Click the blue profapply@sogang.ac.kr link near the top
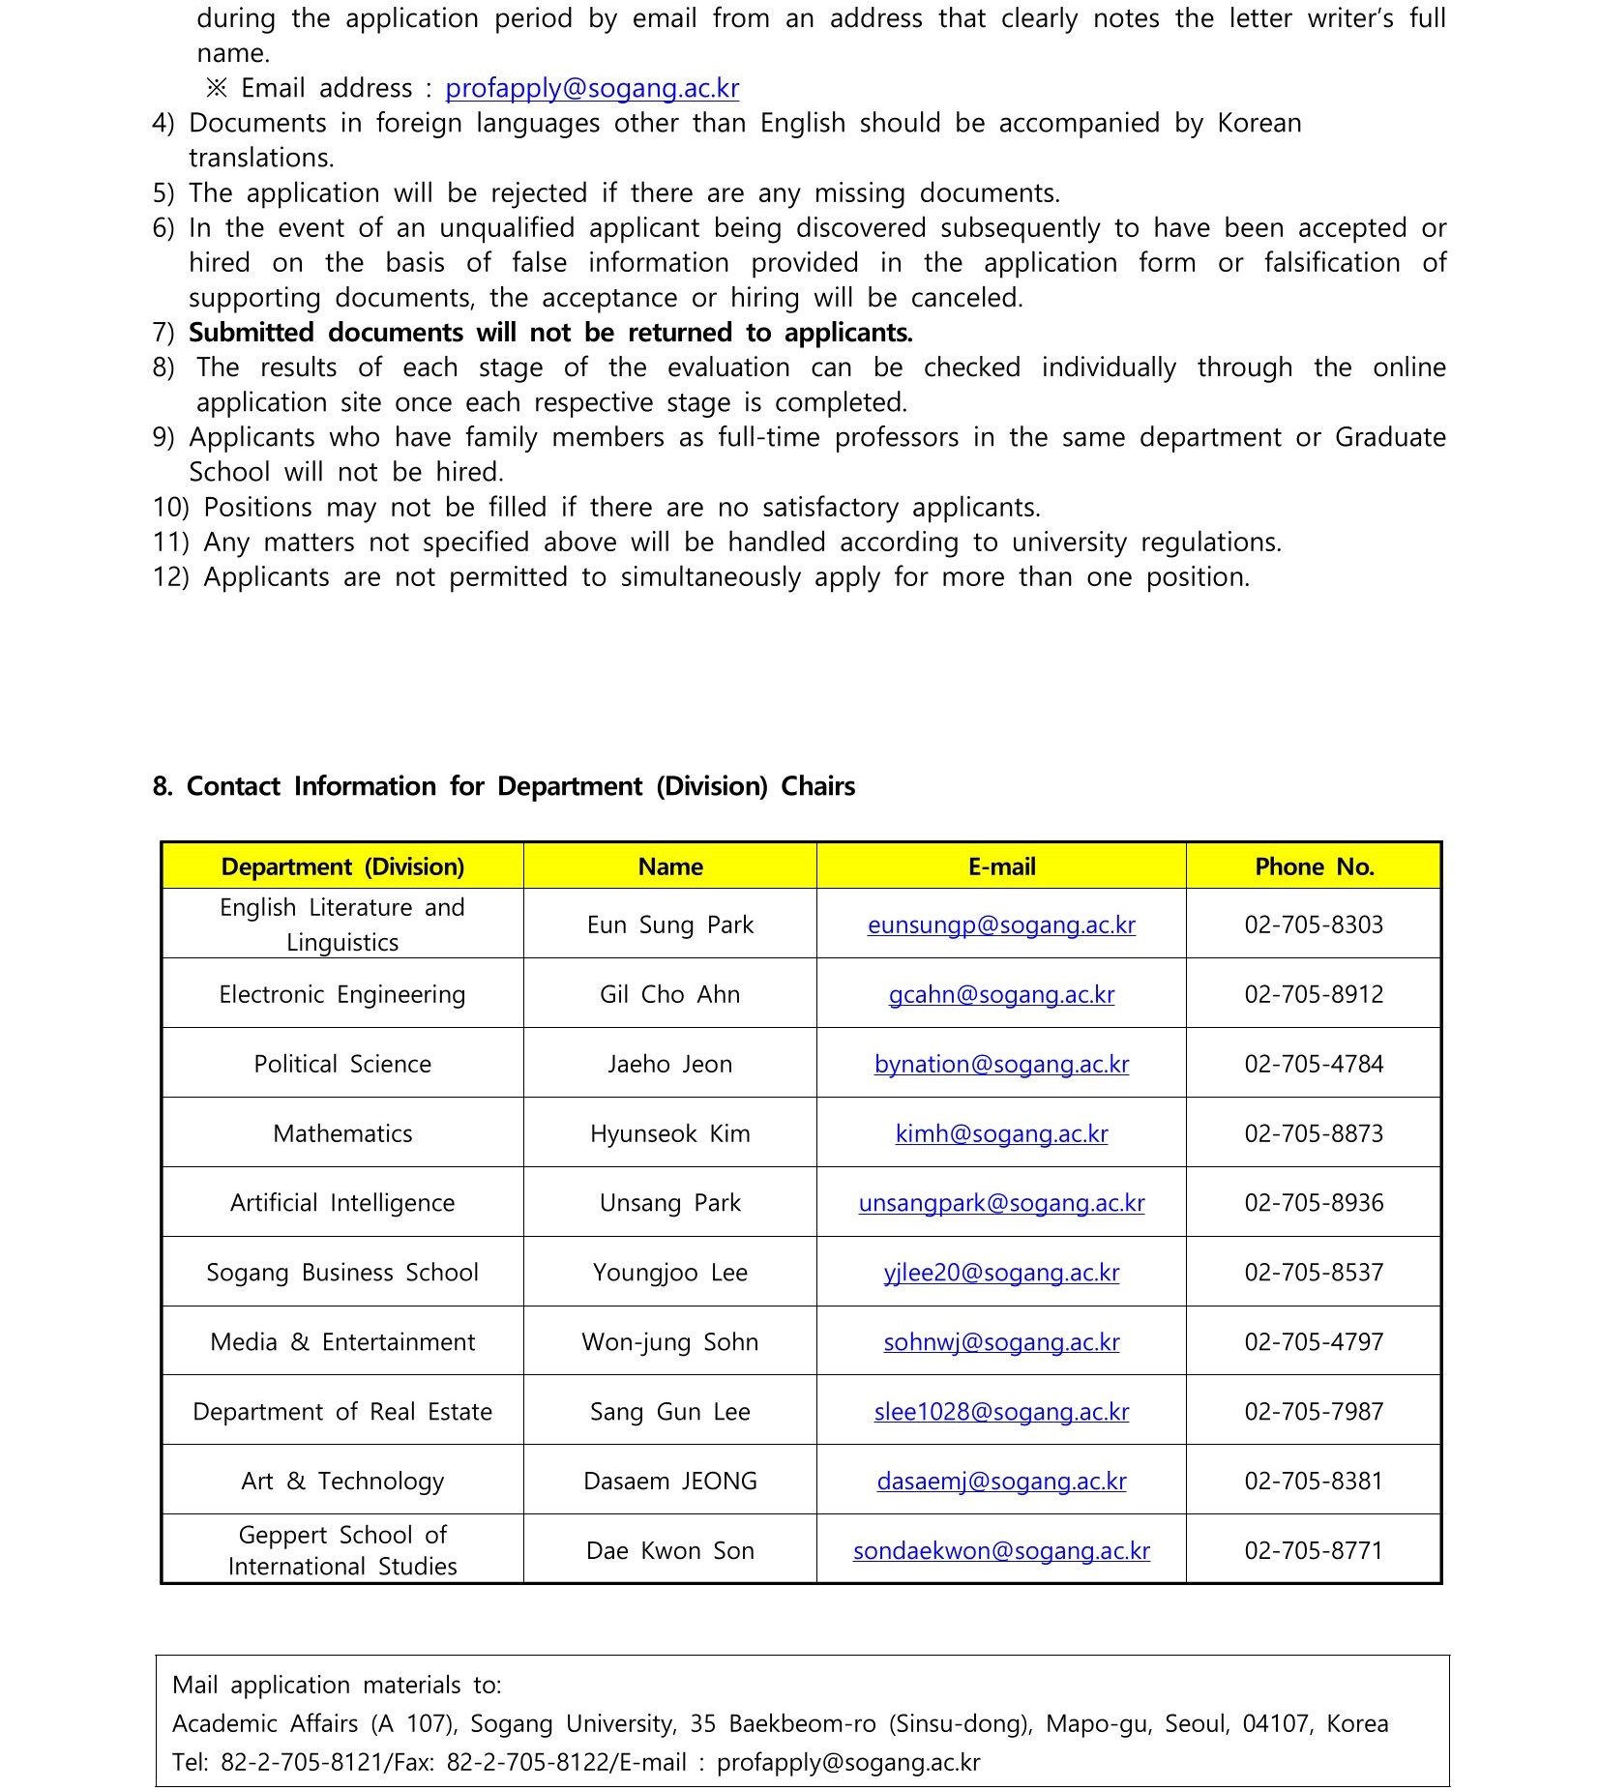[592, 88]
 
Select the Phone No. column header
[1314, 866]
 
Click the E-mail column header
[1001, 866]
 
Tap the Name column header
[670, 866]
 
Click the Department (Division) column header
[342, 866]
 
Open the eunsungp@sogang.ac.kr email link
[1001, 925]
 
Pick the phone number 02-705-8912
[1314, 994]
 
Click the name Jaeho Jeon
[670, 1064]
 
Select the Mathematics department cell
[342, 1133]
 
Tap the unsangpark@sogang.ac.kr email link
[1001, 1203]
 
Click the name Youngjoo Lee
[670, 1273]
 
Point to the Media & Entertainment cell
[342, 1342]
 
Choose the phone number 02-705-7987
[1314, 1412]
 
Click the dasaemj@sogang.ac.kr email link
[1001, 1482]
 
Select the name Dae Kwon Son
[670, 1551]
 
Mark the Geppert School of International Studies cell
[342, 1551]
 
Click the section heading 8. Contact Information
[503, 786]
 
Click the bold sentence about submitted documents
[550, 333]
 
